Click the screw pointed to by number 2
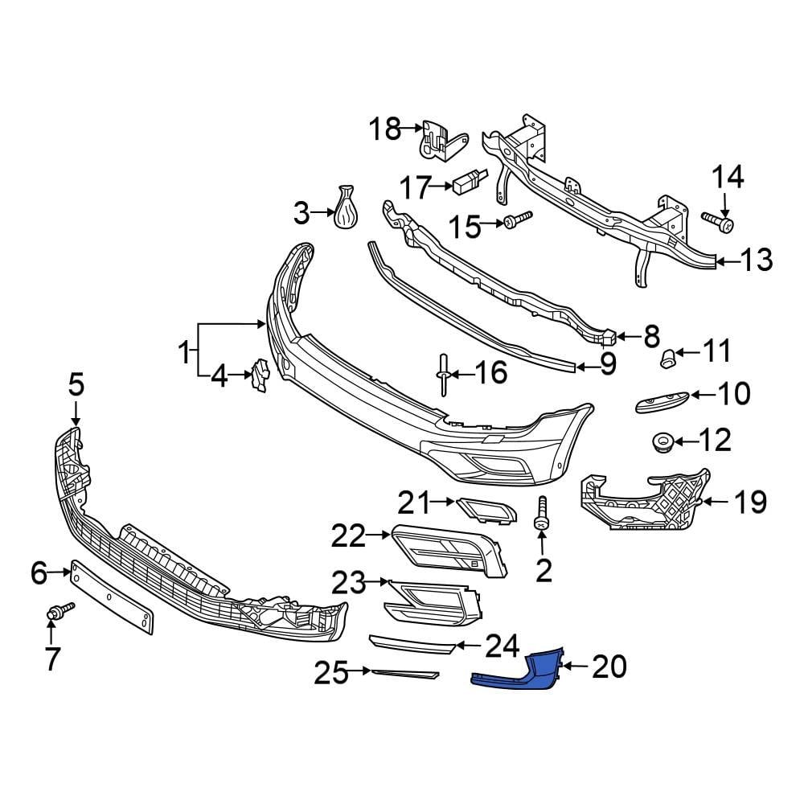(x=542, y=514)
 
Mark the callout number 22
(x=350, y=535)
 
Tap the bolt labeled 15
(x=517, y=219)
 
